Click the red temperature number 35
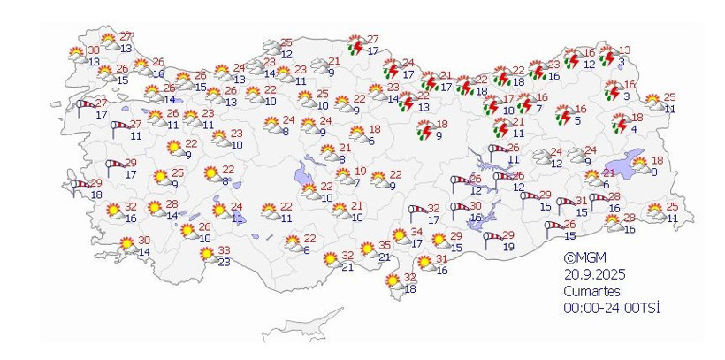point(385,246)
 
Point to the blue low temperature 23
point(224,262)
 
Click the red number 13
point(624,50)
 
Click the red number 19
point(360,172)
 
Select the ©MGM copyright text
point(583,258)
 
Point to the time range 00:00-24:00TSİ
point(613,308)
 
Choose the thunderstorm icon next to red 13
point(607,57)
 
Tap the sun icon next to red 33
point(208,256)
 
